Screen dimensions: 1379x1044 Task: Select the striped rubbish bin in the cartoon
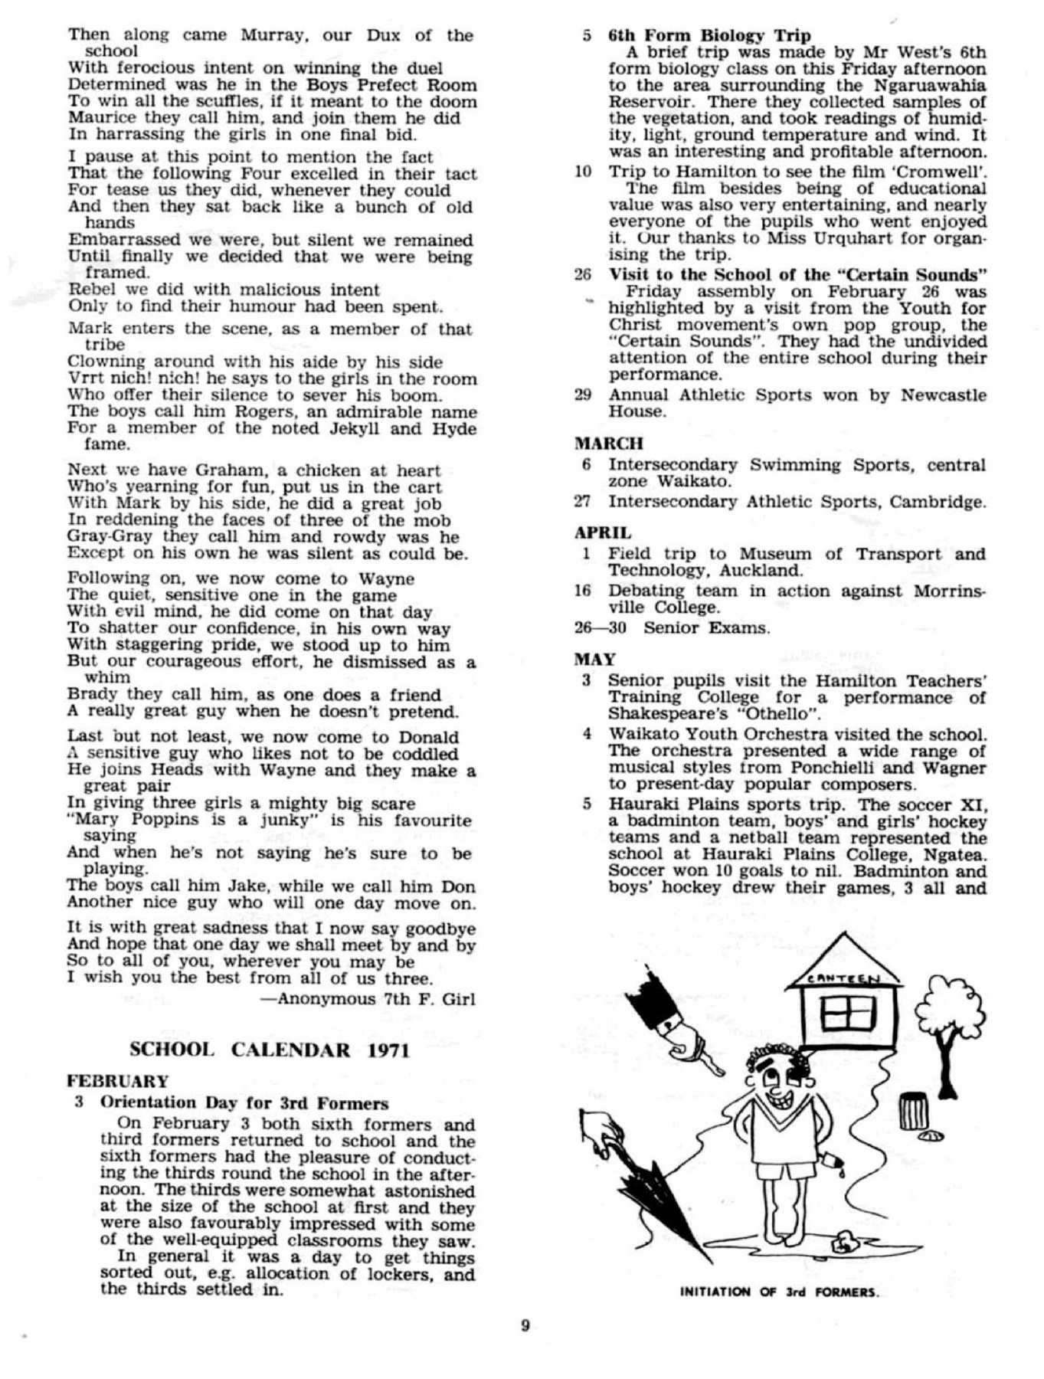pos(910,1112)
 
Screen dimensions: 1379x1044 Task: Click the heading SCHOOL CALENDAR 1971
pos(269,1049)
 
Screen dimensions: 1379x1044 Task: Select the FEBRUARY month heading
pos(117,1081)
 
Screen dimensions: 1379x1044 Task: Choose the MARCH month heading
pos(609,443)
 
